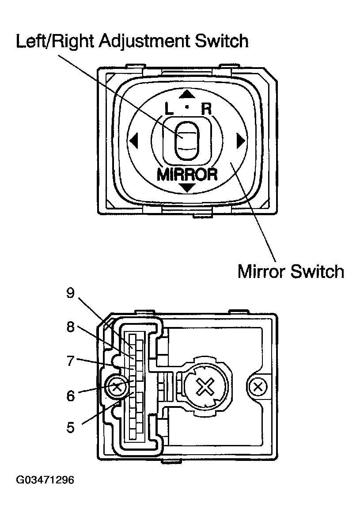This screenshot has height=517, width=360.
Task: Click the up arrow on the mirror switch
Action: coord(188,94)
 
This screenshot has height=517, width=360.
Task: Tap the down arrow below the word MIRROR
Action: coord(188,188)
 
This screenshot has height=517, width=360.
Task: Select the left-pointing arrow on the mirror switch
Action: coord(134,141)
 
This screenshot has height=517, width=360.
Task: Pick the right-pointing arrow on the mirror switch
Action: coord(240,141)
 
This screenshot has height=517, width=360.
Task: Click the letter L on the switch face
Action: coord(169,109)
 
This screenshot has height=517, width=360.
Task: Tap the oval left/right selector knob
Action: coord(187,141)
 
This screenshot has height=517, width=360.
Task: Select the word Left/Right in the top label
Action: coord(54,42)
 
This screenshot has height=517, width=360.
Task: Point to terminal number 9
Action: coord(70,293)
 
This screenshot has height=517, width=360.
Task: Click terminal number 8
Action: coord(70,327)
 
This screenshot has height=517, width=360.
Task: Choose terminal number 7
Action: coord(70,361)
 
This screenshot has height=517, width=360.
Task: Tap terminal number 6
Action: coord(70,395)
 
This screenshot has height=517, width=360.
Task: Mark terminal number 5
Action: coord(70,427)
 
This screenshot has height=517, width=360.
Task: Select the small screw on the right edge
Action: coord(258,388)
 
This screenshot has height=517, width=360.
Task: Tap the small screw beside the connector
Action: coord(117,388)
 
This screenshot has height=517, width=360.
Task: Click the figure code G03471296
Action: coord(45,479)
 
